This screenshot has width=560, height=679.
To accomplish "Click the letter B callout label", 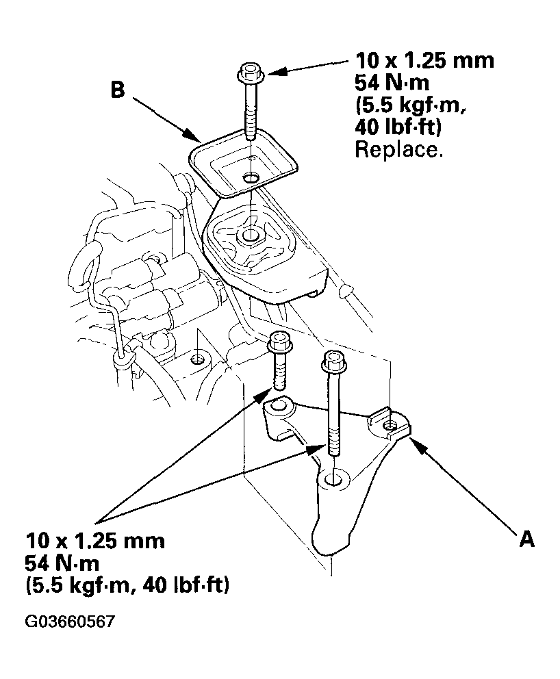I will (x=118, y=91).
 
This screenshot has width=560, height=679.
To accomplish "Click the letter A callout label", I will (x=526, y=539).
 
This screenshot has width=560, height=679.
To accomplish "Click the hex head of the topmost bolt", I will (x=250, y=71).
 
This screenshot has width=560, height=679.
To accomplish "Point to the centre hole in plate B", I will (x=251, y=179).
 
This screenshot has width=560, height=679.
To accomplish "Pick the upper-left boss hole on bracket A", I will (x=277, y=407).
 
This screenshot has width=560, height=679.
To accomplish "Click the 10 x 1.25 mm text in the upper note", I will (x=424, y=60).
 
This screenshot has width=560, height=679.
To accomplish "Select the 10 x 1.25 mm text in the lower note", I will (x=95, y=541).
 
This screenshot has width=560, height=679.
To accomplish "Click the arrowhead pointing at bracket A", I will (x=416, y=441).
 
